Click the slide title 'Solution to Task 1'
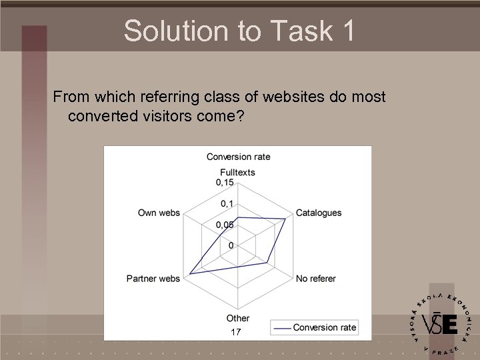tap(239, 31)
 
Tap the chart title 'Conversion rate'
tap(238, 157)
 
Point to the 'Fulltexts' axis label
tap(237, 172)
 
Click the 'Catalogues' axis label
tap(318, 213)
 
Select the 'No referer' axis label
tap(315, 278)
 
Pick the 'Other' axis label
tap(237, 318)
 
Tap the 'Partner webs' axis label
tap(153, 278)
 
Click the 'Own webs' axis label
tap(159, 213)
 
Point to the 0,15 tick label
tap(225, 182)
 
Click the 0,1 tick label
tap(227, 203)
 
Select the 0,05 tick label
tap(225, 225)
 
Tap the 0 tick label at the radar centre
tap(231, 245)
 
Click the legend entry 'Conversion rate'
tap(315, 327)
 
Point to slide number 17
tap(235, 332)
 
